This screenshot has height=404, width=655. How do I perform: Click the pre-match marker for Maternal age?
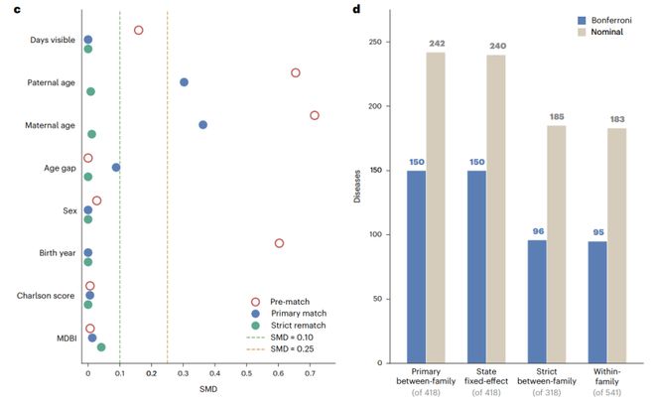point(315,111)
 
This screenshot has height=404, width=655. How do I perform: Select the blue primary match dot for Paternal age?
point(184,82)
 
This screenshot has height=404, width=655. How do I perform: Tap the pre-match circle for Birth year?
point(279,239)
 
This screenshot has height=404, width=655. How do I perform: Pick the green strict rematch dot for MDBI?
point(101,347)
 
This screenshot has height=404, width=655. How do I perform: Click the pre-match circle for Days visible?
point(139,27)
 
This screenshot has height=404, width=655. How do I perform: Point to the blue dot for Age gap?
point(116,168)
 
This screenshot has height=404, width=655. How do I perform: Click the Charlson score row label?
point(46,296)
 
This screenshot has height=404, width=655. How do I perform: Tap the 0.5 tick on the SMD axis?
point(246,373)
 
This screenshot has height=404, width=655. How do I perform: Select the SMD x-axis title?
point(208,389)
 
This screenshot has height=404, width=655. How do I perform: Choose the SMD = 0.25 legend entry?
point(280,348)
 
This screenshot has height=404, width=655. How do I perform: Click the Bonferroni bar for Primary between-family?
point(417,267)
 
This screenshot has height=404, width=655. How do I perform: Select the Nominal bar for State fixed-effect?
point(496,208)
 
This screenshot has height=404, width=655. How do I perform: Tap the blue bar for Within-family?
point(597,302)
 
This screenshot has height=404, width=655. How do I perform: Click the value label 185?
point(557,117)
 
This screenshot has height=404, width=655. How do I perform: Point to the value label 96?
point(538,231)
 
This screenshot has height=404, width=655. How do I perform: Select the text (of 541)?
point(607,392)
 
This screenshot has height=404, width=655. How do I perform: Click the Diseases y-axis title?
point(356,187)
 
